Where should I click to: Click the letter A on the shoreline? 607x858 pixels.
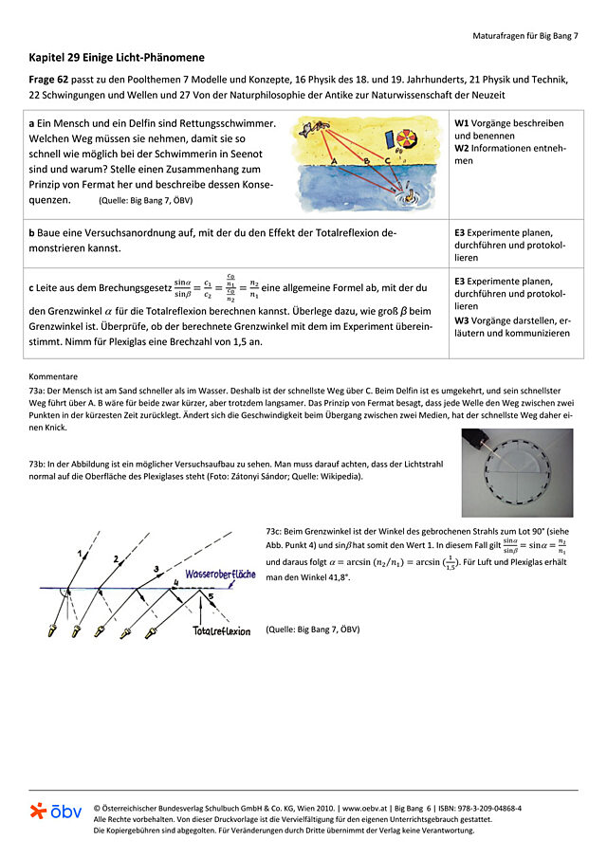coord(333,163)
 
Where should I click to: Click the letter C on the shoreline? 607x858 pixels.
coord(386,163)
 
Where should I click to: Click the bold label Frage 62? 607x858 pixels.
coord(48,79)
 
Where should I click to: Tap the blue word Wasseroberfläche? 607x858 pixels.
coord(219,575)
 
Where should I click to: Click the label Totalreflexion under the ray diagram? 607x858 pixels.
coord(221,630)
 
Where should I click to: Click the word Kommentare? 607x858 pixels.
coord(53,376)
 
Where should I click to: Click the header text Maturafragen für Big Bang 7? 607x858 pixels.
coord(524,35)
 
